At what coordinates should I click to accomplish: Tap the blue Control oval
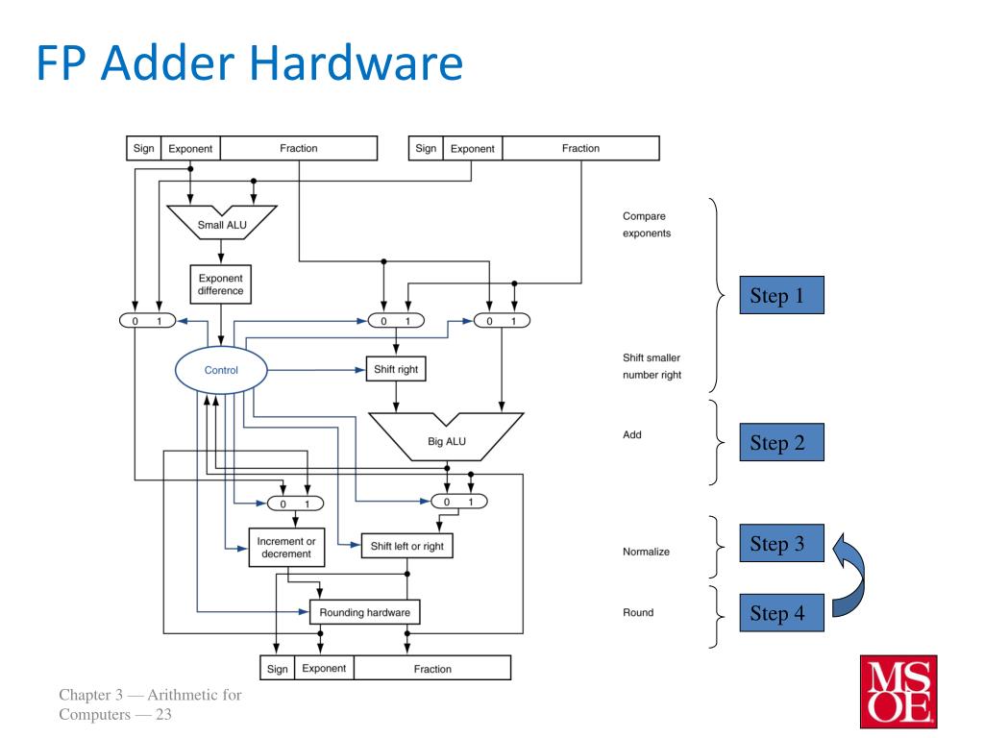tap(221, 369)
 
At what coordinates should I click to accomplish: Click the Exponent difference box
tap(221, 284)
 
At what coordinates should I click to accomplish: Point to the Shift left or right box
tap(406, 546)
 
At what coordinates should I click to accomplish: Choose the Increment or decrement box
tap(284, 548)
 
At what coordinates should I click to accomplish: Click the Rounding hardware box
tap(364, 611)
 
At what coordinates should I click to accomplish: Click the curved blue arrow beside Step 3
tap(857, 581)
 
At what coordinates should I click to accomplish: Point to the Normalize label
tap(646, 553)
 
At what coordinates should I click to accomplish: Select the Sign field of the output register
tap(277, 668)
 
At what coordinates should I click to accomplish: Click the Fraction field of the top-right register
tap(580, 148)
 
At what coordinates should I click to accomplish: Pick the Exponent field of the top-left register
tap(191, 149)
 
